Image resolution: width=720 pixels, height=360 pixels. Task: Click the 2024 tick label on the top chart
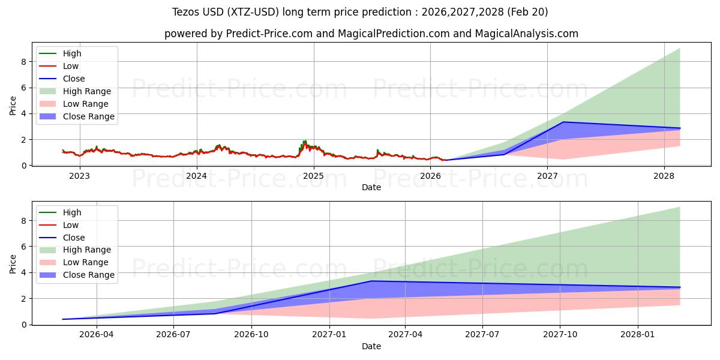[196, 176]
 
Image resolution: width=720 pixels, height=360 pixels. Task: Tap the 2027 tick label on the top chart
[547, 176]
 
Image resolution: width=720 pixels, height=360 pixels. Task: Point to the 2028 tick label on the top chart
[664, 176]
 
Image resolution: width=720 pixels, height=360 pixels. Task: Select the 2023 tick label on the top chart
[79, 176]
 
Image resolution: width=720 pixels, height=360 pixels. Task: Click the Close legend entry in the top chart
[74, 79]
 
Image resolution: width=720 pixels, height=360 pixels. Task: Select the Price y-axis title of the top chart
[13, 106]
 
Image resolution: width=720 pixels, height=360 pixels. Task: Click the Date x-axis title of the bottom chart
[371, 346]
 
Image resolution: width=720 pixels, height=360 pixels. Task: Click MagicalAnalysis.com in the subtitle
[527, 34]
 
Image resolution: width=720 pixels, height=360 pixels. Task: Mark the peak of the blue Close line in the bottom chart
[371, 281]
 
